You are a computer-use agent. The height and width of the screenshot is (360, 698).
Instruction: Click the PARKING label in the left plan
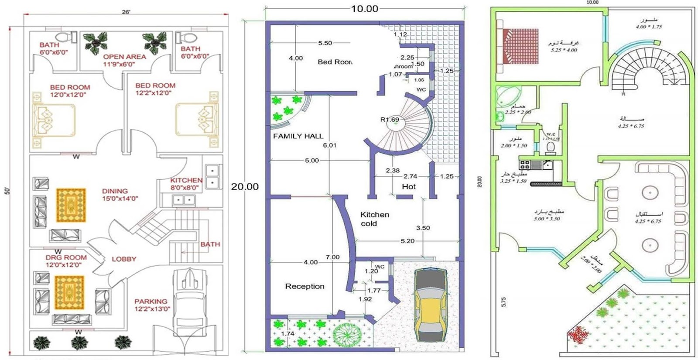tap(151, 302)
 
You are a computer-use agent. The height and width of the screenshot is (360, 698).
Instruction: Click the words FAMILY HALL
tap(298, 136)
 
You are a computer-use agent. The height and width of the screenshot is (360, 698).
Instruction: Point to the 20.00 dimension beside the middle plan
tap(245, 187)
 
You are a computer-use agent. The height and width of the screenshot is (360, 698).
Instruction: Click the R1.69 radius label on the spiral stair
tap(390, 120)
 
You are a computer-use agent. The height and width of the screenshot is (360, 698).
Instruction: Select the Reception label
tap(305, 286)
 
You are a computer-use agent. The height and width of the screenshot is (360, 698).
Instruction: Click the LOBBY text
tap(124, 259)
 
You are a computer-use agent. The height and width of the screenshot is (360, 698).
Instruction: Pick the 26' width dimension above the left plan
tap(126, 12)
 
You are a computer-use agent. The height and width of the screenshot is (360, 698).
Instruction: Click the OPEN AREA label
tap(124, 57)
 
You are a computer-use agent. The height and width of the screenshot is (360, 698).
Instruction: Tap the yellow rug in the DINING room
tap(71, 205)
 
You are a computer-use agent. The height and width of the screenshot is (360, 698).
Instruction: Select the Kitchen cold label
tap(374, 219)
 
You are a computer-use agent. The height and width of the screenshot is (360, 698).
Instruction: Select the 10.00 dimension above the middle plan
tap(365, 9)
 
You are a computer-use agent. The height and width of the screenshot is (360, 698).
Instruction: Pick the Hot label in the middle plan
tap(409, 186)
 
